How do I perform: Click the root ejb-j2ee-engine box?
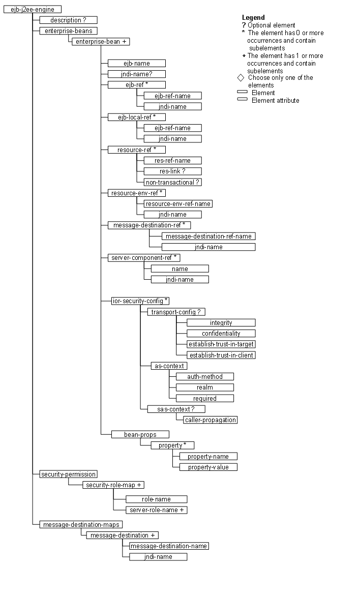[x=33, y=9]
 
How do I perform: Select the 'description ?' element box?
[x=68, y=20]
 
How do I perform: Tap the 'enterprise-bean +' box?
[x=101, y=42]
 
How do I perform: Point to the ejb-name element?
[x=136, y=64]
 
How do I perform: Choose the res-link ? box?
[x=172, y=171]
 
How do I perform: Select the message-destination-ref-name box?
[x=208, y=236]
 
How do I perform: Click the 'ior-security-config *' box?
[x=140, y=301]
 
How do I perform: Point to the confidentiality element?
[x=221, y=334]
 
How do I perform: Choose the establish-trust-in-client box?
[x=221, y=355]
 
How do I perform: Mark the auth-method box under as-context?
[x=205, y=377]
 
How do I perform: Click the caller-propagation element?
[x=211, y=420]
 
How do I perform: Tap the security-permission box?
[x=68, y=474]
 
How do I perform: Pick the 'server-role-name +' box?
[x=157, y=510]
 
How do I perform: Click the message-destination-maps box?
[x=81, y=524]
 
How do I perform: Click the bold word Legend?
[x=253, y=18]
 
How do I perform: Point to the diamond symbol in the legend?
[x=241, y=78]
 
